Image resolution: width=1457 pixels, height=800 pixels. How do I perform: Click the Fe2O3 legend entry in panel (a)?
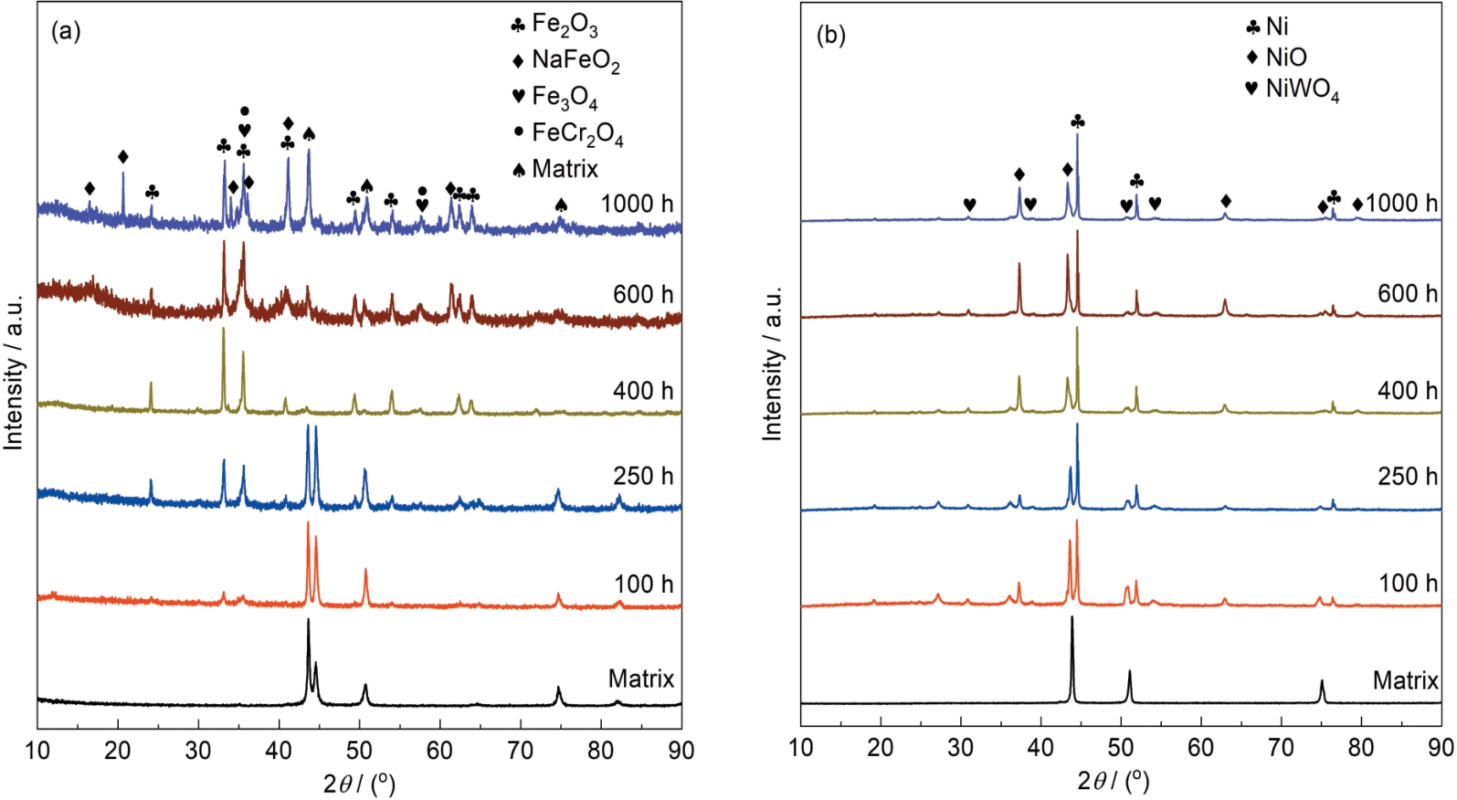[555, 25]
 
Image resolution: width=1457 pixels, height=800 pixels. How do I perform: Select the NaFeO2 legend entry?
[565, 60]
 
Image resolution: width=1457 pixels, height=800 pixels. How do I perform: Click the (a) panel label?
[66, 32]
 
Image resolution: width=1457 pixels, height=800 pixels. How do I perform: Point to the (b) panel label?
[830, 36]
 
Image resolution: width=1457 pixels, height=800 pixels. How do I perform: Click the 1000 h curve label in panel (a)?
[637, 203]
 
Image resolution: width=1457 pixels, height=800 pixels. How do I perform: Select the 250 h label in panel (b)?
[1407, 476]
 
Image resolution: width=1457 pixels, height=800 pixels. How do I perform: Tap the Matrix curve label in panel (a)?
[641, 679]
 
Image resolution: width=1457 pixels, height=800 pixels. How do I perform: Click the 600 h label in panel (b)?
[1407, 293]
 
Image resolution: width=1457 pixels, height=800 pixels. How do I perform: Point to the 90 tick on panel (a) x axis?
[681, 751]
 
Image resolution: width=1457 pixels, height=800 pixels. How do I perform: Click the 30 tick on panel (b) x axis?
[960, 747]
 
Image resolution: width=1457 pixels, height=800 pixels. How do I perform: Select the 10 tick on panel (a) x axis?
[37, 751]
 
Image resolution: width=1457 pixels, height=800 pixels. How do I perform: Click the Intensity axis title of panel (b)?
[773, 363]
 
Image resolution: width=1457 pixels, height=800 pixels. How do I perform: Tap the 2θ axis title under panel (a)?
[359, 782]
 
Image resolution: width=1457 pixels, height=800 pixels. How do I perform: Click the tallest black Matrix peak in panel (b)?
[1072, 618]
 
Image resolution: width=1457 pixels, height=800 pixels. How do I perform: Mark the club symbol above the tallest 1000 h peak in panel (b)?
[1078, 121]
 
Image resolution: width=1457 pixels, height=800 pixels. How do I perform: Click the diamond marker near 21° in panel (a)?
[123, 157]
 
